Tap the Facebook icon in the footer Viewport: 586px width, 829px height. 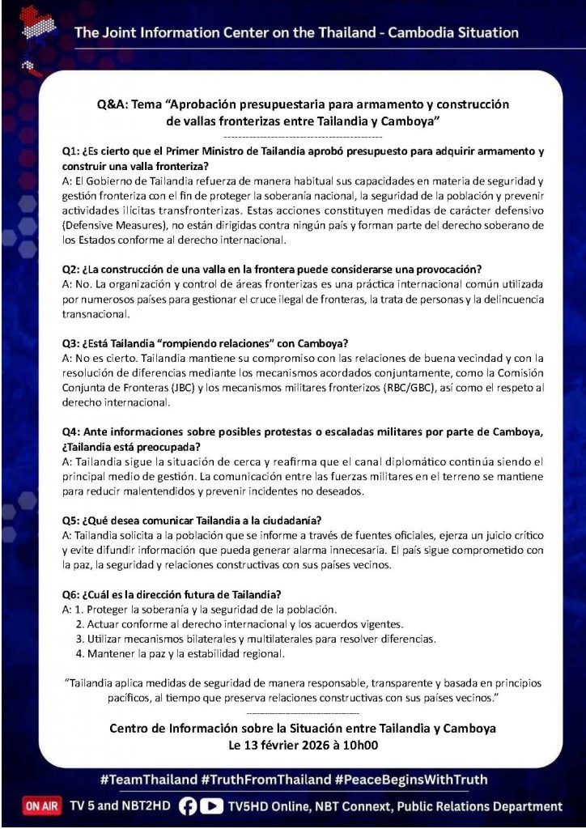pyautogui.click(x=187, y=806)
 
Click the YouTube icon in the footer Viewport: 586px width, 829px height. pyautogui.click(x=211, y=806)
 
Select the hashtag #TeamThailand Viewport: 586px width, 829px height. pyautogui.click(x=149, y=780)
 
